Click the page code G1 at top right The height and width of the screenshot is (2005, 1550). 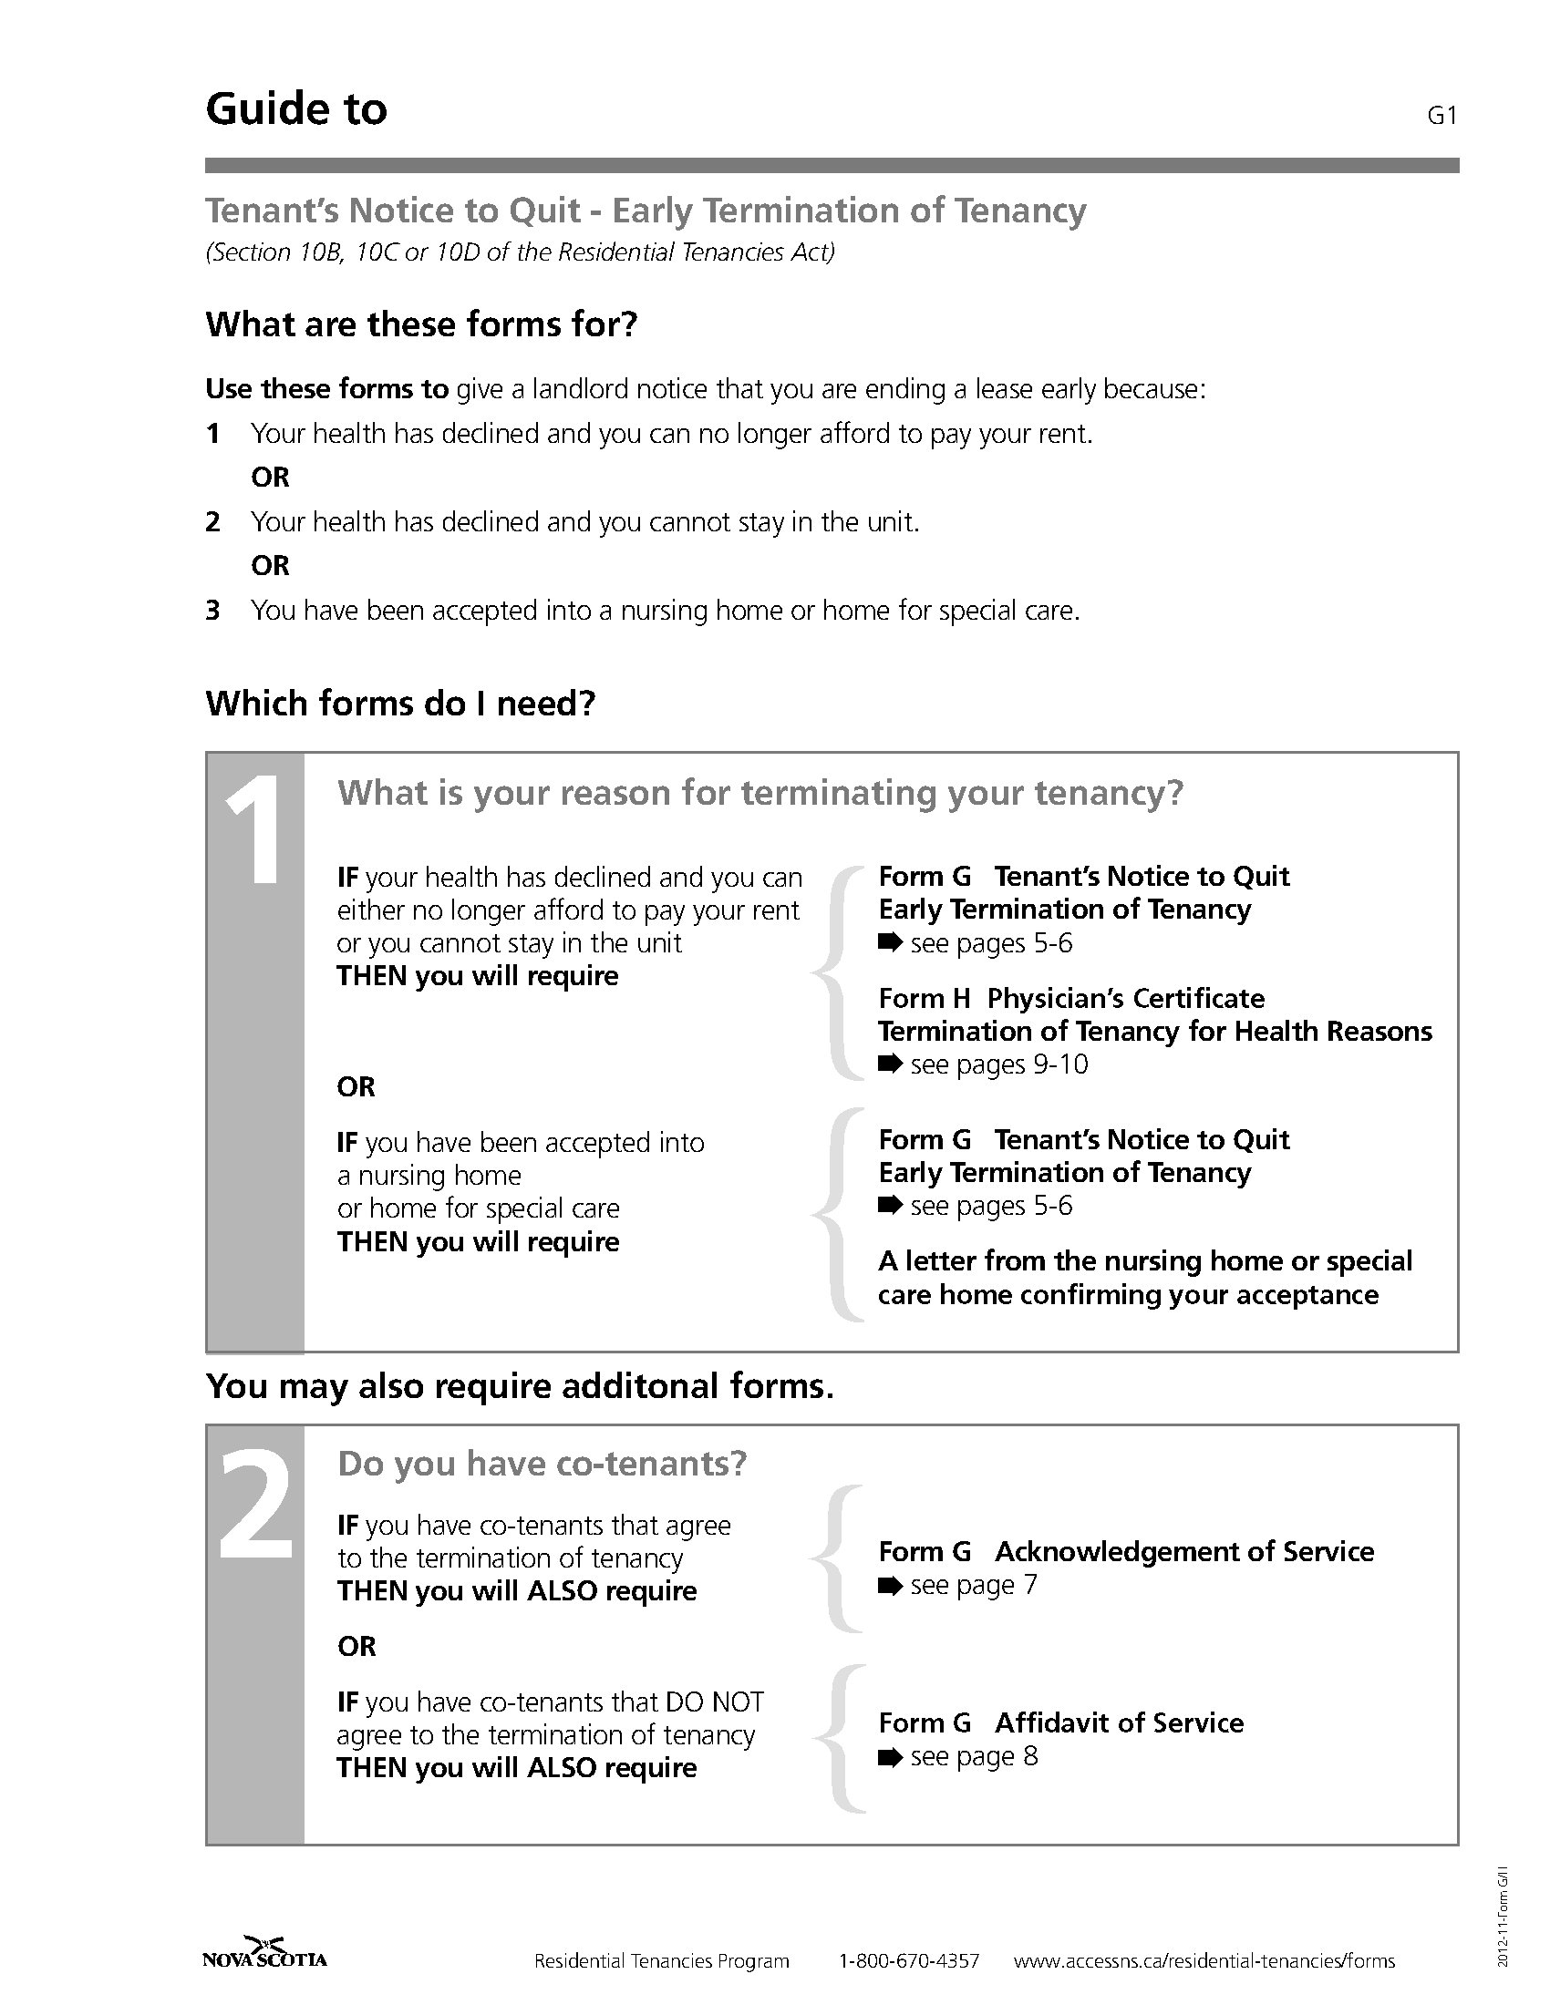tap(1442, 116)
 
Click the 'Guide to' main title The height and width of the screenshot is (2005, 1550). tap(295, 109)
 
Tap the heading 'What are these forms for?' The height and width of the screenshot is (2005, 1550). tap(420, 325)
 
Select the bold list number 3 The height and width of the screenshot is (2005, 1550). tap(213, 611)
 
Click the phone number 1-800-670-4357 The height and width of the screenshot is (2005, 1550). tap(909, 1961)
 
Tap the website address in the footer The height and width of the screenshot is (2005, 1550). tap(1204, 1961)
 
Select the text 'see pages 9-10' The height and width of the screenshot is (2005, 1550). tap(998, 1064)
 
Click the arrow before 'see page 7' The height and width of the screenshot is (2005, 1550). tap(890, 1586)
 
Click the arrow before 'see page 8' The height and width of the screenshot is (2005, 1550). tap(890, 1757)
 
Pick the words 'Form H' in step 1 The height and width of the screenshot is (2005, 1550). tap(924, 999)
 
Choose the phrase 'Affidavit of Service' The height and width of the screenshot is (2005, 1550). tap(1119, 1723)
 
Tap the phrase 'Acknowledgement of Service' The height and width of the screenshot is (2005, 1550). tap(1183, 1551)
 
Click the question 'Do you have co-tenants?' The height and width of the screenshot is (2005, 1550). tap(542, 1464)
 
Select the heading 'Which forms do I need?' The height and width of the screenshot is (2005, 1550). tap(400, 704)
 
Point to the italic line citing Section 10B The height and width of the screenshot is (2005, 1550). tap(520, 252)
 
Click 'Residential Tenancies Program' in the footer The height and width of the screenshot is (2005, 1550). tap(661, 1961)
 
